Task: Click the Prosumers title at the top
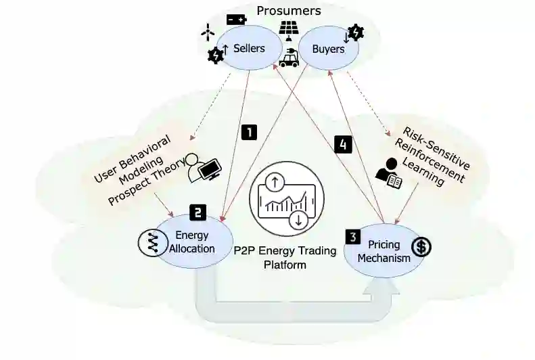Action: [288, 10]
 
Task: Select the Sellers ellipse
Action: [249, 49]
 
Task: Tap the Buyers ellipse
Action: [328, 49]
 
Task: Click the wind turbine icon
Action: [208, 31]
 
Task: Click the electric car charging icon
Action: [289, 58]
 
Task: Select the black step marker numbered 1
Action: [250, 132]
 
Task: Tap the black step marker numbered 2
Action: [197, 212]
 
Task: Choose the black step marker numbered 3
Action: [353, 237]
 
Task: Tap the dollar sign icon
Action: [421, 247]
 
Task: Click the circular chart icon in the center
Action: [285, 200]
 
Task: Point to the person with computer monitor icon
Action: [204, 166]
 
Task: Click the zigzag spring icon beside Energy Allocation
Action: [149, 242]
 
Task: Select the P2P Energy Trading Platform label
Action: [285, 257]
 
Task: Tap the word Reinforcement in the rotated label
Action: [434, 153]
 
